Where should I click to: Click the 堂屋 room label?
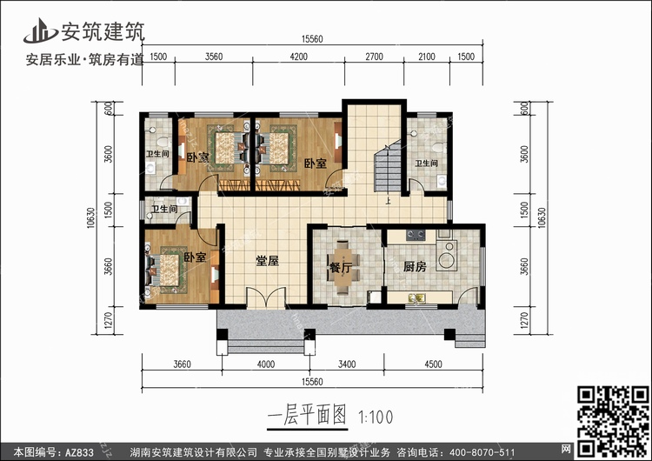pyautogui.click(x=267, y=261)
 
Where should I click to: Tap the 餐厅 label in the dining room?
pyautogui.click(x=341, y=268)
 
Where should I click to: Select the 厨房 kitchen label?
pyautogui.click(x=415, y=266)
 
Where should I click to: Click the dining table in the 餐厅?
pyautogui.click(x=343, y=267)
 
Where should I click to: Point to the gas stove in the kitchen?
pyautogui.click(x=416, y=235)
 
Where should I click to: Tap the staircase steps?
pyautogui.click(x=388, y=165)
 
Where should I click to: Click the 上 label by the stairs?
pyautogui.click(x=388, y=202)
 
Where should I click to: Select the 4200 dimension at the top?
pyautogui.click(x=298, y=57)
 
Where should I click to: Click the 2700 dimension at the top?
pyautogui.click(x=374, y=57)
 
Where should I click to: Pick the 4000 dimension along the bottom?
pyautogui.click(x=266, y=364)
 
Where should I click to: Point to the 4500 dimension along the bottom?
pyautogui.click(x=433, y=364)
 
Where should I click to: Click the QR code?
pyautogui.click(x=613, y=421)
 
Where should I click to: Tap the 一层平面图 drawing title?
pyautogui.click(x=307, y=415)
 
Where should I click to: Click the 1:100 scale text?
pyautogui.click(x=376, y=417)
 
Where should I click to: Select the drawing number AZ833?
pyautogui.click(x=79, y=452)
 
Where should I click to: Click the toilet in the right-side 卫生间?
pyautogui.click(x=438, y=147)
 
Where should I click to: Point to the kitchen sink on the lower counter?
pyautogui.click(x=416, y=297)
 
